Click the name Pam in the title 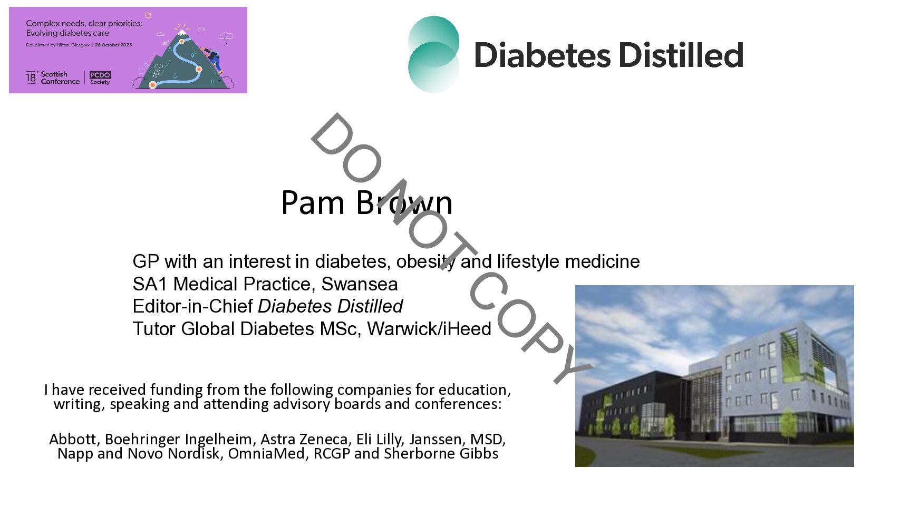coord(313,202)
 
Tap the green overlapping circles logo coord(433,54)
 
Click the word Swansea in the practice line coord(359,284)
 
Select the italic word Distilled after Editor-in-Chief coord(370,306)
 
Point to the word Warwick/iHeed coord(429,329)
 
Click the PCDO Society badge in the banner coord(100,78)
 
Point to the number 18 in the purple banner coord(31,77)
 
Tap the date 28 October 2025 coord(113,45)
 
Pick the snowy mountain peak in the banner coord(182,32)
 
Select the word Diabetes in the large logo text coord(543,55)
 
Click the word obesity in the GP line coord(425,262)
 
